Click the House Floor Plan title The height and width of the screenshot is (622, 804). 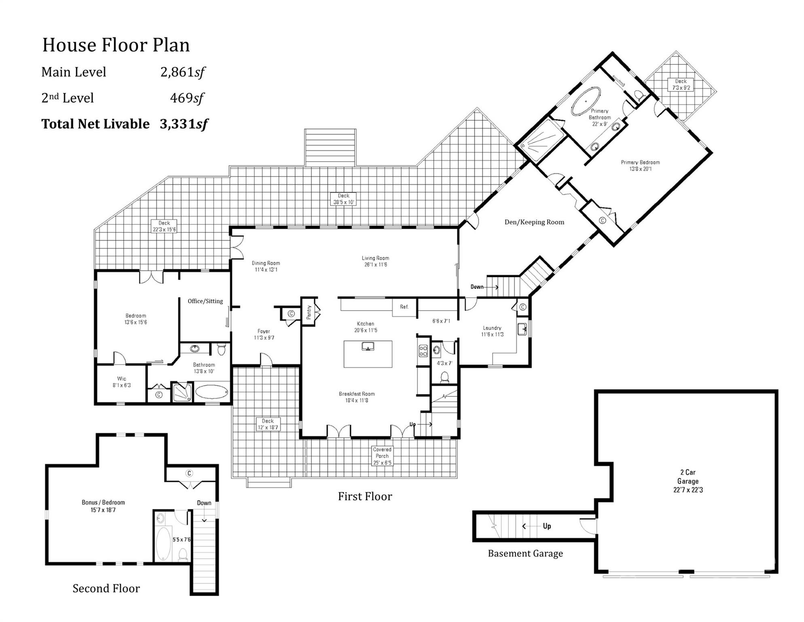116,45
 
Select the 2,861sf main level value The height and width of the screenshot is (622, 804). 182,72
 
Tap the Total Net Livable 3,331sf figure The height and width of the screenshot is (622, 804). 184,124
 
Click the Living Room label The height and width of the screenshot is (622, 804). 375,261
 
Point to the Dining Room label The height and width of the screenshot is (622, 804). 266,266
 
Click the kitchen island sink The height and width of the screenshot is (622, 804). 368,347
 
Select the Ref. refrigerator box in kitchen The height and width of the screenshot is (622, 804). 404,307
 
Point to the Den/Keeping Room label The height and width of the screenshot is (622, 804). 534,222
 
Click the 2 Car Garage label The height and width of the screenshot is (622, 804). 688,481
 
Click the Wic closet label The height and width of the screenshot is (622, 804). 122,382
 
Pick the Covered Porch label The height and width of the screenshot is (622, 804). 382,456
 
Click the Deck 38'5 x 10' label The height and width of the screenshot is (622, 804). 343,199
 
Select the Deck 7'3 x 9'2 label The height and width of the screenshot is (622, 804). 681,84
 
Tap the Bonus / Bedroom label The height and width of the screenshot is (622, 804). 103,506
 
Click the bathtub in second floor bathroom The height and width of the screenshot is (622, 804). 163,543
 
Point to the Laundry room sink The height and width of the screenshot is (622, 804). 522,329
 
